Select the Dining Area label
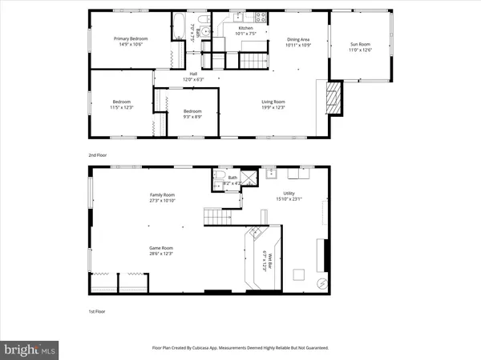coord(297,42)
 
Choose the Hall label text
coord(171,77)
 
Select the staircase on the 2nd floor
coord(255,59)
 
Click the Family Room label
coord(162,198)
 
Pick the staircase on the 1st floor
coord(217,214)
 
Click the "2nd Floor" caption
coord(97,154)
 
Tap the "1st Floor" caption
coord(96,311)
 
